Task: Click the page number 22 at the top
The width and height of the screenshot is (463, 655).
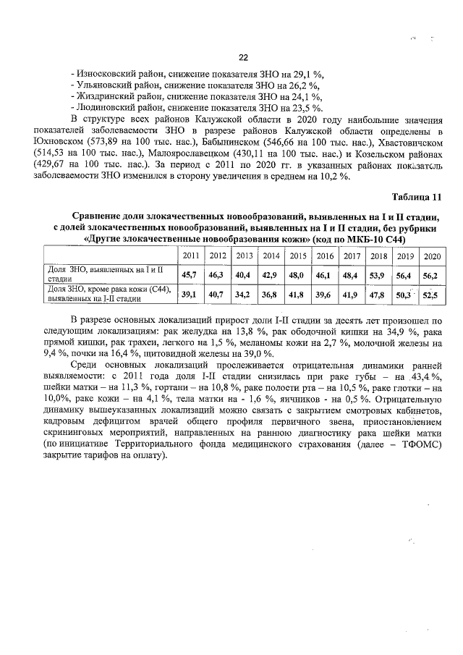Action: point(243,58)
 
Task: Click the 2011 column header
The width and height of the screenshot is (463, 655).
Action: point(191,256)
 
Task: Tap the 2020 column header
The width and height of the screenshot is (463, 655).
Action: point(432,256)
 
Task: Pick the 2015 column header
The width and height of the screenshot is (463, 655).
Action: point(297,256)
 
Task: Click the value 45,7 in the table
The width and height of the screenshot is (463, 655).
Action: point(190,274)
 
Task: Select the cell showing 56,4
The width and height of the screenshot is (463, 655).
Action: point(404,274)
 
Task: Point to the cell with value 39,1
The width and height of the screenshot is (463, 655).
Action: point(190,294)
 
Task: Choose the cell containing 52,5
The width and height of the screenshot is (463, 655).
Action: point(431,294)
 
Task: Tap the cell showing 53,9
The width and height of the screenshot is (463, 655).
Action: point(378,274)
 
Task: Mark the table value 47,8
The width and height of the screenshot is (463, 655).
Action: point(378,294)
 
